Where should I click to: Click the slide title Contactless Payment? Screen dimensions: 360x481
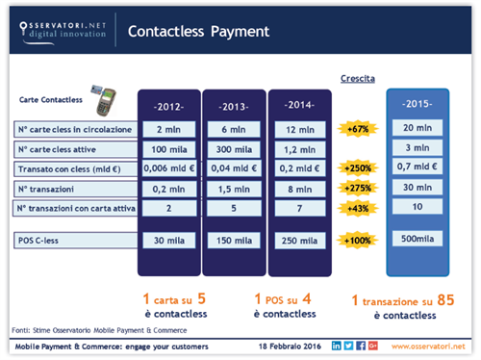(x=198, y=32)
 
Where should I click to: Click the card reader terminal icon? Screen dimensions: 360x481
(x=110, y=96)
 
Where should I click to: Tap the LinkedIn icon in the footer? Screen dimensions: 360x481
(x=336, y=345)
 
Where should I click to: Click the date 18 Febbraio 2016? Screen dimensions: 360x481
(x=290, y=346)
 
